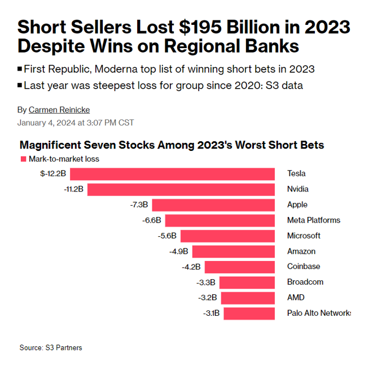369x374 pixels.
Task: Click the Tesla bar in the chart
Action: point(172,173)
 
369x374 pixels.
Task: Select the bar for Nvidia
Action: point(181,189)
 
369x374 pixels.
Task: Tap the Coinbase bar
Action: point(239,267)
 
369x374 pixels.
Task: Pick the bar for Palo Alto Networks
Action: point(249,313)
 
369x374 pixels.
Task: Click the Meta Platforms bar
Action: point(219,220)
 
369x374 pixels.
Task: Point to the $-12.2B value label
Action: point(54,173)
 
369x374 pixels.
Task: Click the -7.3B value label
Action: point(139,205)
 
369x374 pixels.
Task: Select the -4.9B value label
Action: point(178,251)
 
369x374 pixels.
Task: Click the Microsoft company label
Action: point(304,236)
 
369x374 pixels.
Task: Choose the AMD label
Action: point(296,298)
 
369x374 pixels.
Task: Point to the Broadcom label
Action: point(305,282)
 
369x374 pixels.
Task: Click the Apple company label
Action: point(297,205)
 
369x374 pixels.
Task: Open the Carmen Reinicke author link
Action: point(59,110)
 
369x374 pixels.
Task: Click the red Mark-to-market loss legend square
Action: point(23,159)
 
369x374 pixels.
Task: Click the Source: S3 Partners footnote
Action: point(51,347)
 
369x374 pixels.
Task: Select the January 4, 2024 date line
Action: point(76,123)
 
